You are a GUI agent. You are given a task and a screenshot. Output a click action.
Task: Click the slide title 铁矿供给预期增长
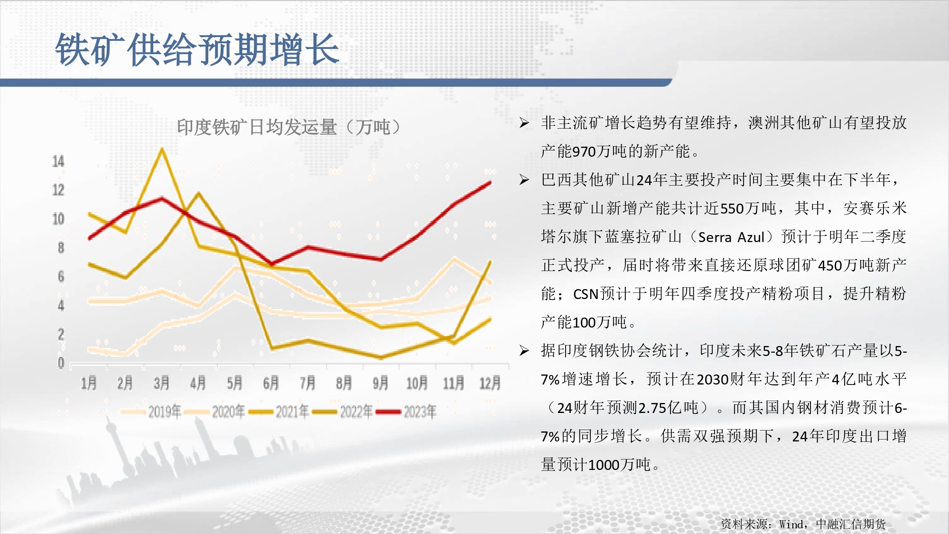point(197,49)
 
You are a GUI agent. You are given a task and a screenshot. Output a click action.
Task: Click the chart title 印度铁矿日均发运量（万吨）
point(289,127)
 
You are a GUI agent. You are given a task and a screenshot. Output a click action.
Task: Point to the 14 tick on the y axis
point(58,161)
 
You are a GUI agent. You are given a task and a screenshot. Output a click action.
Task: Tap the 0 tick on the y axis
point(61,363)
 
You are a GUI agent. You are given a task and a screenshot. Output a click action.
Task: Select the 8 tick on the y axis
point(61,248)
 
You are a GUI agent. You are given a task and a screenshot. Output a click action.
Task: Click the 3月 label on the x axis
point(162,383)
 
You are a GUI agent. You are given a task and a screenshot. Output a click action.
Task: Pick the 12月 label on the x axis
point(490,383)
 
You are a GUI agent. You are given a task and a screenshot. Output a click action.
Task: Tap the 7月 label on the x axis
point(307,383)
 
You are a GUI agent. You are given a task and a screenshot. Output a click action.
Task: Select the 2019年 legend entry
point(151,412)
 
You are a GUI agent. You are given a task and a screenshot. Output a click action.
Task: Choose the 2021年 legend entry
point(279,412)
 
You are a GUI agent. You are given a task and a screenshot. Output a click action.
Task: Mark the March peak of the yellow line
point(162,150)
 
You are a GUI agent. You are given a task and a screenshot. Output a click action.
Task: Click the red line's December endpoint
point(490,182)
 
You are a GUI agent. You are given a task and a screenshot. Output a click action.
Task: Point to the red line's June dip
point(271,263)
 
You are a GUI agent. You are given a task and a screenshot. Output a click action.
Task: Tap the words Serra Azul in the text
point(731,237)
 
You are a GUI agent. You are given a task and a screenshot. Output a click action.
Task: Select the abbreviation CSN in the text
point(586,294)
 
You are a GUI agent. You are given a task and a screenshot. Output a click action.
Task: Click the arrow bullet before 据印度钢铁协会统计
point(524,351)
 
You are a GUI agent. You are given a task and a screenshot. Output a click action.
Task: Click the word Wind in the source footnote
point(791,524)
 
